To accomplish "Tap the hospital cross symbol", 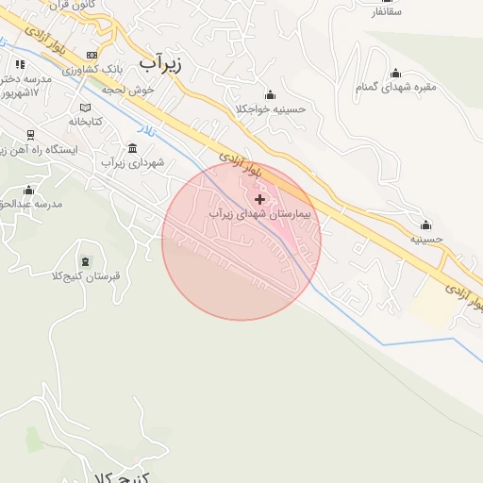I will (x=260, y=199).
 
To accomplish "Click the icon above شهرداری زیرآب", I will (x=131, y=148).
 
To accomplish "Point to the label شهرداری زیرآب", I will (x=133, y=163).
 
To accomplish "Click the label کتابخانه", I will (x=86, y=122).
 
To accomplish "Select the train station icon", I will (x=30, y=135).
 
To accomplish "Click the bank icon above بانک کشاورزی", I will (x=91, y=55).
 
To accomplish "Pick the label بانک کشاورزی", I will (x=96, y=70).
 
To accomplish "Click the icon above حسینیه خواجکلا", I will (x=271, y=94).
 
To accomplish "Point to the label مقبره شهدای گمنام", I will (x=395, y=88).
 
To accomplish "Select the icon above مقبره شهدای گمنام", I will (x=395, y=73).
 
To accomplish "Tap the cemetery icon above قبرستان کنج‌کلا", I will (x=87, y=261).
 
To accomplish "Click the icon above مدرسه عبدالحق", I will (x=26, y=190).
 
